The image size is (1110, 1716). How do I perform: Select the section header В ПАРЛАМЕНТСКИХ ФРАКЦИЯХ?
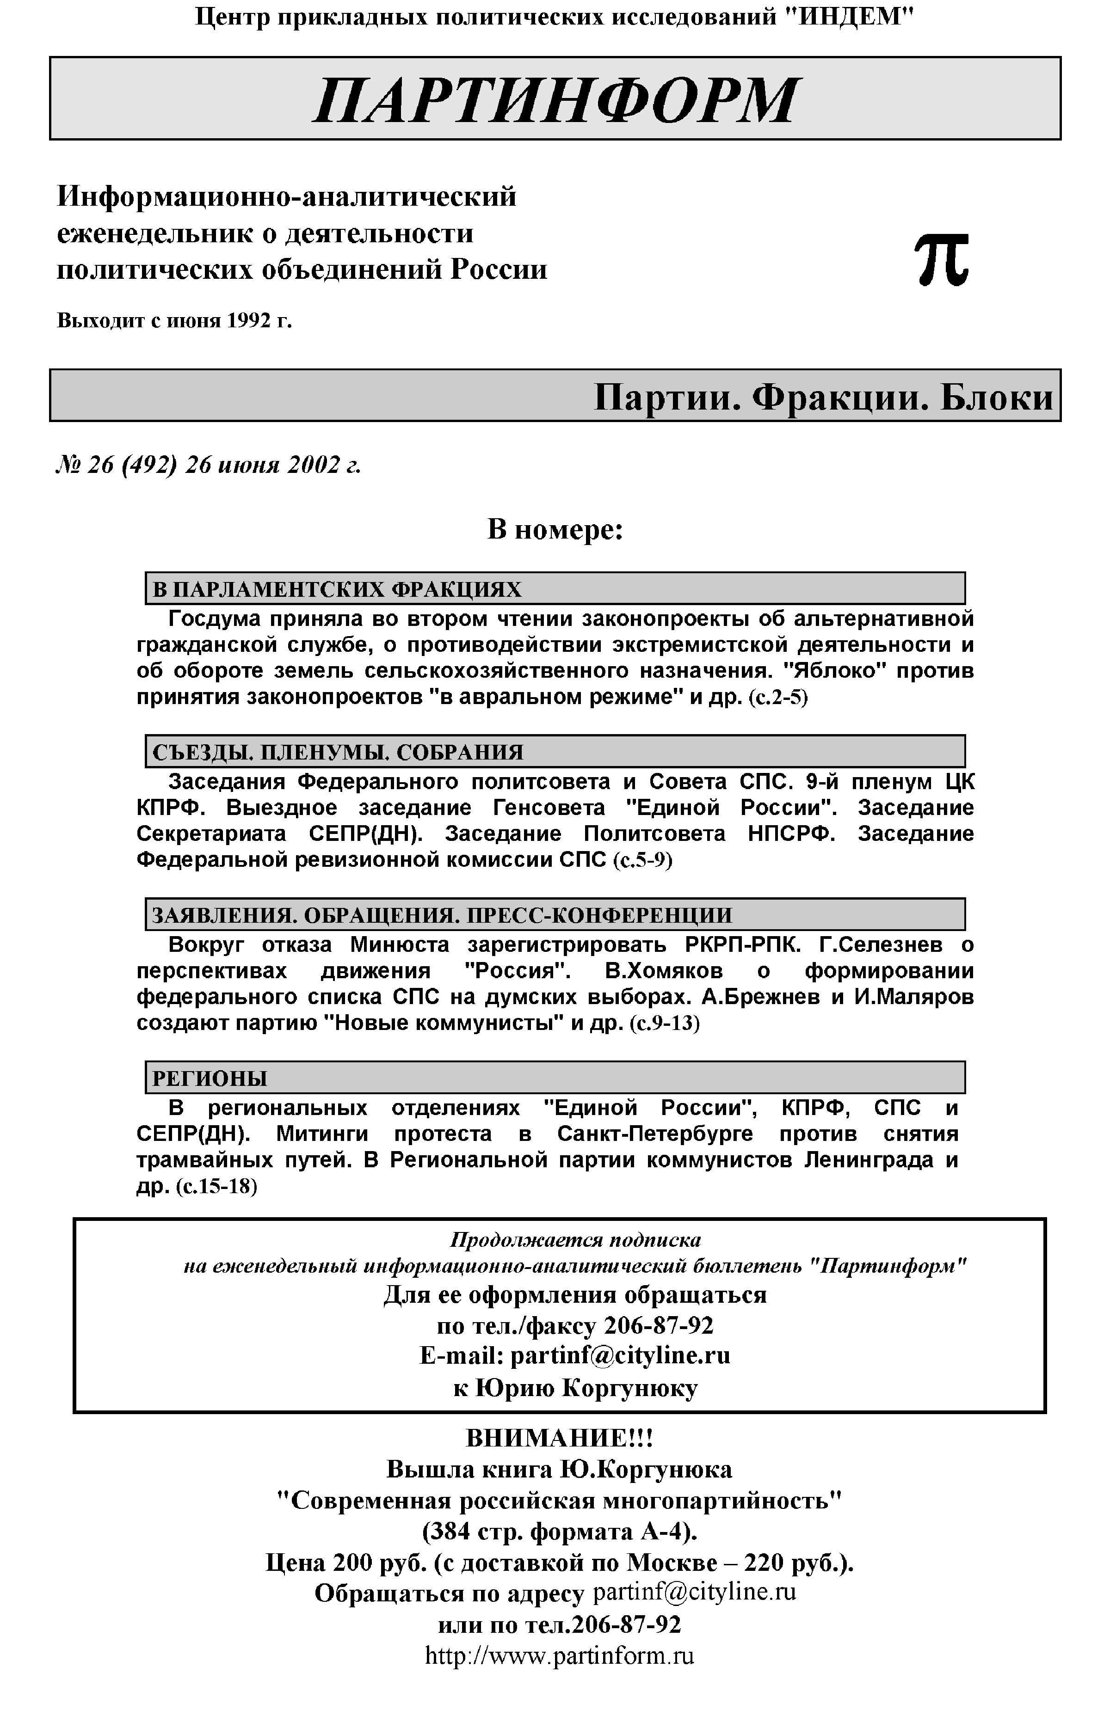[337, 589]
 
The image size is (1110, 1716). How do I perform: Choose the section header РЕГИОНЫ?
[210, 1079]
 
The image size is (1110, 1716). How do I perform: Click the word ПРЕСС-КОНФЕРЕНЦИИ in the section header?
[599, 916]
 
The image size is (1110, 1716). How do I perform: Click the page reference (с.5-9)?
[642, 860]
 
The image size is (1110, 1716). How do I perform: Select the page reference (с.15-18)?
[216, 1187]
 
